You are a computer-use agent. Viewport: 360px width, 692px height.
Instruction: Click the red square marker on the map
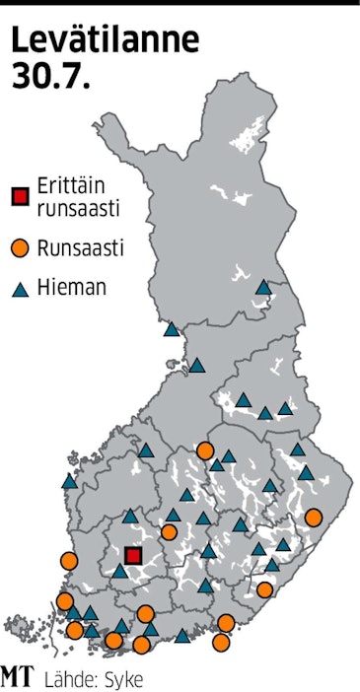pyautogui.click(x=134, y=555)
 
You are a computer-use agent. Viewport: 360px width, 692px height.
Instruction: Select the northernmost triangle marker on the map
pyautogui.click(x=263, y=287)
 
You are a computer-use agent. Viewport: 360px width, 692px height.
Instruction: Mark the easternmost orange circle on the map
pyautogui.click(x=314, y=518)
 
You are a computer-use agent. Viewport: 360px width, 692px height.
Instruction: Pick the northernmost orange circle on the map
pyautogui.click(x=205, y=450)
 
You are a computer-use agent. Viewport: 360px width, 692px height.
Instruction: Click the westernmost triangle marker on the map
pyautogui.click(x=69, y=482)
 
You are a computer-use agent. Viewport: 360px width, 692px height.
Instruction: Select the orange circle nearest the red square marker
pyautogui.click(x=169, y=532)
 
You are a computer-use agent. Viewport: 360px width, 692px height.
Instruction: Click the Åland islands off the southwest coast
pyautogui.click(x=23, y=625)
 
